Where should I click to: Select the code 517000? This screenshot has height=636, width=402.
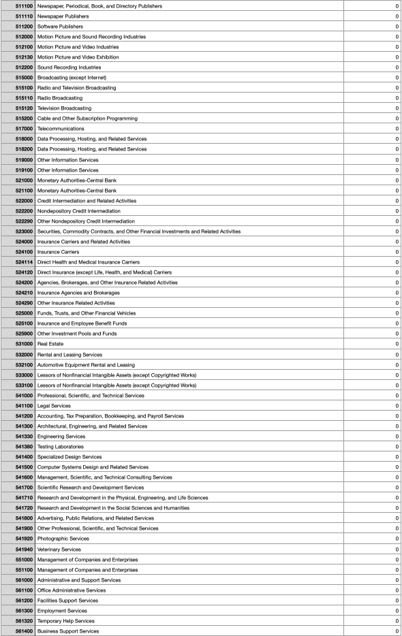[24, 129]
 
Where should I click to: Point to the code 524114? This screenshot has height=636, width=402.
[24, 262]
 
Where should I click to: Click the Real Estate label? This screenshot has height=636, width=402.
[50, 344]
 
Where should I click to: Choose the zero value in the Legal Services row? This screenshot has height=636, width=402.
[397, 406]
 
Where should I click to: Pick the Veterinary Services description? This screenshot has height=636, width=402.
[61, 550]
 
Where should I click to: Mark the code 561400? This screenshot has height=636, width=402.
[24, 631]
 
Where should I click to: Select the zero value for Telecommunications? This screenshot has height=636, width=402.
[397, 129]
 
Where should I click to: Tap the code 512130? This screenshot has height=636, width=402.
[24, 57]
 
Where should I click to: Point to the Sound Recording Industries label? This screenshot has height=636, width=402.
[69, 67]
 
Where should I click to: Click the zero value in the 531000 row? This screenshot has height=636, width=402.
[397, 344]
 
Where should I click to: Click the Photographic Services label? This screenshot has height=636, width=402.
[63, 539]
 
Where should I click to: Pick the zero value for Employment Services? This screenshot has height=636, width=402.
[397, 611]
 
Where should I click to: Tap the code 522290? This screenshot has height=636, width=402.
[24, 221]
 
